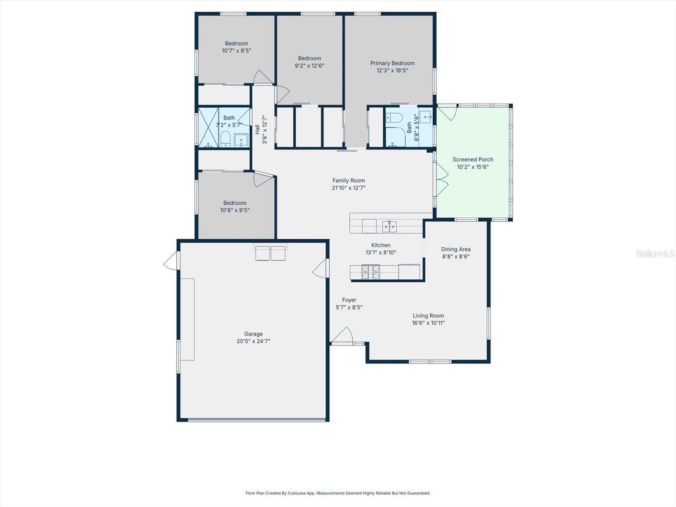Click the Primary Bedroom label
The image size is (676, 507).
[x=392, y=63]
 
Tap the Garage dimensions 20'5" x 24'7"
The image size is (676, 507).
[x=253, y=341]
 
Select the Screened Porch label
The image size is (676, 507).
[x=473, y=160]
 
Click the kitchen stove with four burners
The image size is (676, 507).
[x=371, y=272]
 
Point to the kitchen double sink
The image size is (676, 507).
[x=389, y=227]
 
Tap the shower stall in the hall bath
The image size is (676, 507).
[x=208, y=128]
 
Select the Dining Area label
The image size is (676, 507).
[x=455, y=249]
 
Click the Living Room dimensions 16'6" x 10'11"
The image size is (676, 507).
[x=428, y=323]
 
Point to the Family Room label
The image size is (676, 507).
[x=348, y=181]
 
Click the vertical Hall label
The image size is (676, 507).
[x=257, y=129]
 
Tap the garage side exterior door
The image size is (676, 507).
[x=171, y=261]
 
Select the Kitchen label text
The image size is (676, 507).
[x=381, y=245]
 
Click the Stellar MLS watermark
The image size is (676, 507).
[x=654, y=253]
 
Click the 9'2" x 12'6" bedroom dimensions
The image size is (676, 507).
[x=309, y=66]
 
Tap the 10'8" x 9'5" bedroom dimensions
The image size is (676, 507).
[x=234, y=210]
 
